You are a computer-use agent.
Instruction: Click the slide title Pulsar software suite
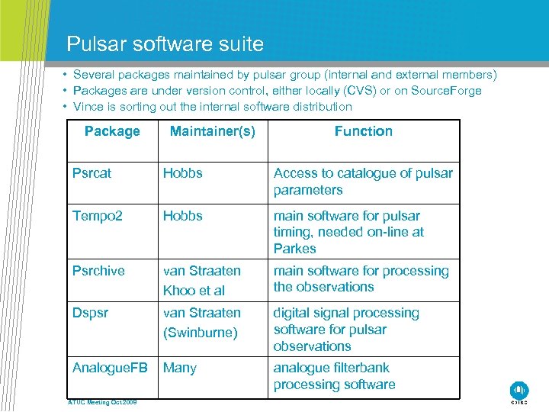[165, 43]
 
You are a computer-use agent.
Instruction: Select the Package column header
[112, 131]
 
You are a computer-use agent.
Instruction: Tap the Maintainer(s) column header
[212, 131]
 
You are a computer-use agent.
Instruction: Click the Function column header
[363, 131]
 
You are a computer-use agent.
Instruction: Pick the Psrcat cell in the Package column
[91, 173]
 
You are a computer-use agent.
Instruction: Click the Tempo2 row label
[97, 216]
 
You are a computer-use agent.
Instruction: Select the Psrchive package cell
[98, 271]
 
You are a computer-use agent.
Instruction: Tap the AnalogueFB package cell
[110, 368]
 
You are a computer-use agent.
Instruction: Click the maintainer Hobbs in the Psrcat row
[183, 173]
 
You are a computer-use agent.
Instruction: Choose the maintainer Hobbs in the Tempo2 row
[183, 216]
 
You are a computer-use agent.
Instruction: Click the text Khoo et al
[194, 291]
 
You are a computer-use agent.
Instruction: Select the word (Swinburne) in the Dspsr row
[201, 333]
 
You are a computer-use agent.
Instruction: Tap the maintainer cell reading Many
[180, 368]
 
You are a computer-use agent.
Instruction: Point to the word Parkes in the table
[294, 249]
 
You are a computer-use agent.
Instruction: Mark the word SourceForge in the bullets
[446, 91]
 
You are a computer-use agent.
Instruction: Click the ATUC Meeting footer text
[101, 402]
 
